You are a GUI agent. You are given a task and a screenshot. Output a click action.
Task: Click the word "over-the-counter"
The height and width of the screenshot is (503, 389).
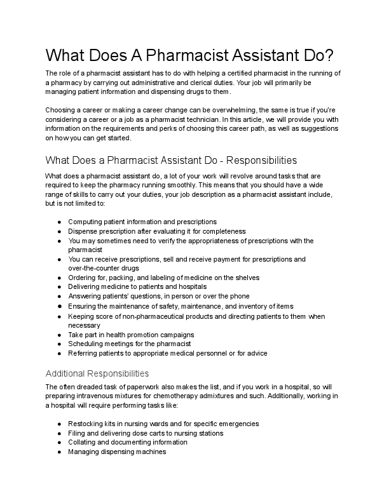coord(95,268)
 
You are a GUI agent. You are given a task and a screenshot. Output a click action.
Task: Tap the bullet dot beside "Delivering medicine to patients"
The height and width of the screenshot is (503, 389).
coord(59,287)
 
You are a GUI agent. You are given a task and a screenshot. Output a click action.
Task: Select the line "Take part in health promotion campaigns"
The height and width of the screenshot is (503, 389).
coord(131,334)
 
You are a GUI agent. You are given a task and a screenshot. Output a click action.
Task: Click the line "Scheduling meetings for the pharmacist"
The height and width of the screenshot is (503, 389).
coord(129,344)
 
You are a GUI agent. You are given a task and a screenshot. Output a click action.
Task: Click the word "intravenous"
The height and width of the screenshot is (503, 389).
coord(93,396)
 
